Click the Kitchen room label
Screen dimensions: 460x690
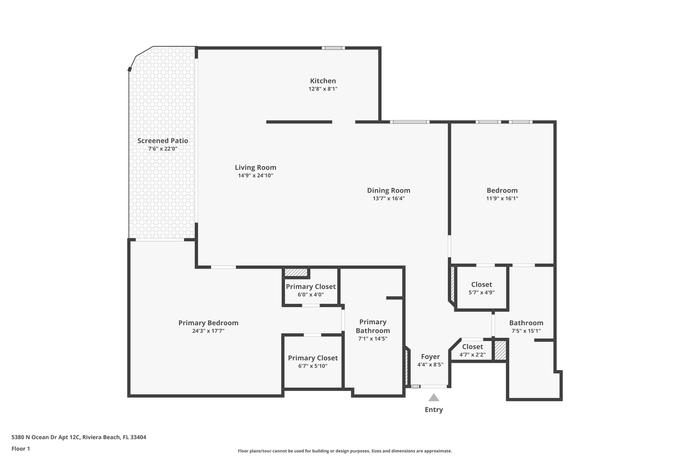[323, 81]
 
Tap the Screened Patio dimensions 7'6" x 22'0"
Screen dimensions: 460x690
[163, 149]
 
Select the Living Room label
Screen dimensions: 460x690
[255, 167]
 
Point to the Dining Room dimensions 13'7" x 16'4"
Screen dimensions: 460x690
[388, 198]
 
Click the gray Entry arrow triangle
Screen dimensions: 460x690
[434, 398]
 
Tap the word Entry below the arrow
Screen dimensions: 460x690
[434, 410]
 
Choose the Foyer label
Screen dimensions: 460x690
[430, 357]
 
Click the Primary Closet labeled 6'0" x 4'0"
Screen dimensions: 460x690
[311, 287]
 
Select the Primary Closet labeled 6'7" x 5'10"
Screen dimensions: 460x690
[313, 358]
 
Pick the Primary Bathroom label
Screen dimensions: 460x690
[373, 326]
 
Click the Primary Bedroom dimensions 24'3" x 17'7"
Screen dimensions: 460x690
[208, 331]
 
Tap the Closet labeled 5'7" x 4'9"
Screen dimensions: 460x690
[481, 285]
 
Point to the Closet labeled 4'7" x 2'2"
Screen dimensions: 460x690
[472, 347]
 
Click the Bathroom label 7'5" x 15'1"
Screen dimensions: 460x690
[526, 323]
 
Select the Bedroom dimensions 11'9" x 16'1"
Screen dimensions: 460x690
[502, 198]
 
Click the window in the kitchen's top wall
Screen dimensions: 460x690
[333, 48]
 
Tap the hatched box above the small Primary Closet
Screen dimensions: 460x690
[296, 272]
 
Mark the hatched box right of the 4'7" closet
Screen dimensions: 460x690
[500, 350]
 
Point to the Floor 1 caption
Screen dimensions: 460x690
[21, 449]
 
